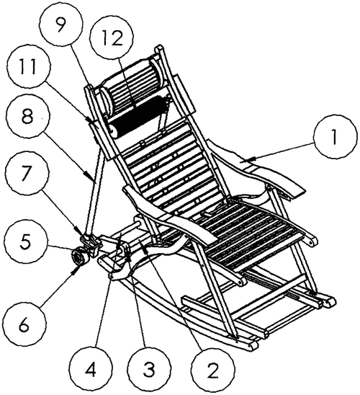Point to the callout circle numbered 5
click(x=25, y=242)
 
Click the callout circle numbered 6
click(x=24, y=325)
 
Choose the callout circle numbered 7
click(x=27, y=173)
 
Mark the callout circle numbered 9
click(x=61, y=25)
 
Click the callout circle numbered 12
click(x=112, y=38)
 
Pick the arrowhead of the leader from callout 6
click(x=76, y=270)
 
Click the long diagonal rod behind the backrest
click(x=95, y=190)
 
